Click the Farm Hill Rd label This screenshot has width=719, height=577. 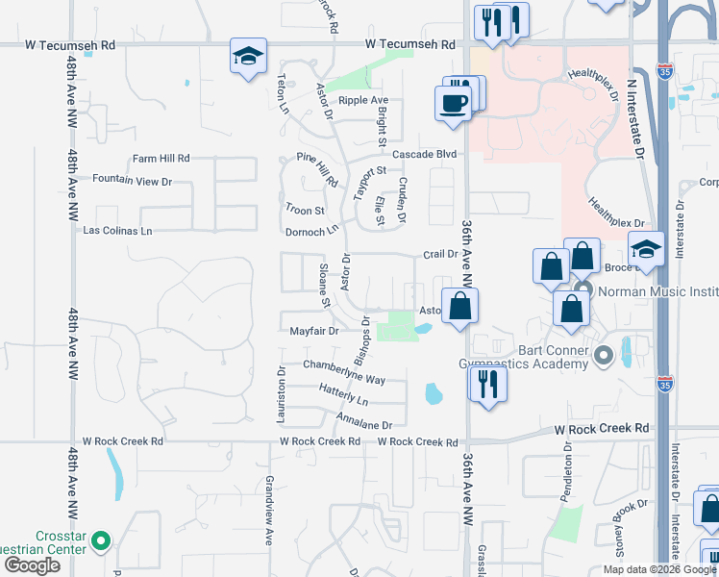161,159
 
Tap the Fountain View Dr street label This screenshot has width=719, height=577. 132,181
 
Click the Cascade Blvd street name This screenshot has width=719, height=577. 423,154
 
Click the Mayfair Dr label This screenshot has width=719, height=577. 314,331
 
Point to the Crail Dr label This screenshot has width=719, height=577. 440,255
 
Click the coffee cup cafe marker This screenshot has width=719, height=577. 452,102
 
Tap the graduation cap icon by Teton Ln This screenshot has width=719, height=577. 247,57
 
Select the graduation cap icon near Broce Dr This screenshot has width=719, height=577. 646,250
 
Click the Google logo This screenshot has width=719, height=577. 32,565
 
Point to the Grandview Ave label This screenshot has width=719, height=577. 270,510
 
